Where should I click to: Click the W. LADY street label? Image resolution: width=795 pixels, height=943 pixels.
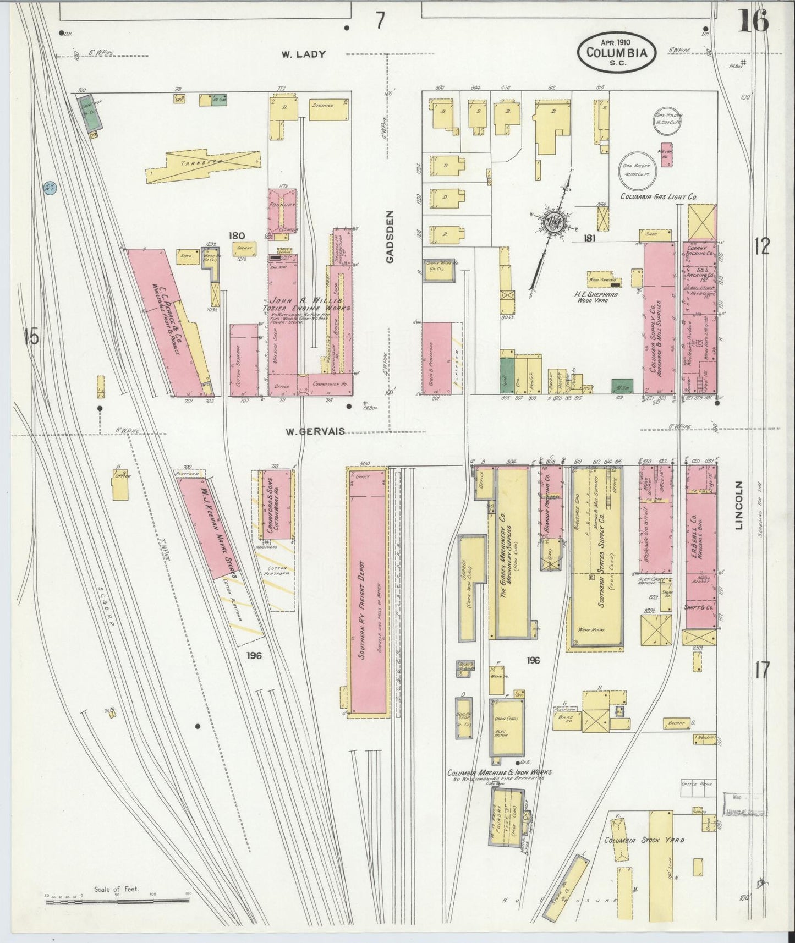pyautogui.click(x=304, y=54)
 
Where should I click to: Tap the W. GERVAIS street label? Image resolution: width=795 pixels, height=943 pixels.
pyautogui.click(x=315, y=431)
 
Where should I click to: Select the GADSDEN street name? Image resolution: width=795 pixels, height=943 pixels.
pyautogui.click(x=391, y=237)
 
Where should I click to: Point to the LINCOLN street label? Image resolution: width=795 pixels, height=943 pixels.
pyautogui.click(x=738, y=506)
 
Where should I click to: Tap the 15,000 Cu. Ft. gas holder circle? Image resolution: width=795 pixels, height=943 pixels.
pyautogui.click(x=668, y=120)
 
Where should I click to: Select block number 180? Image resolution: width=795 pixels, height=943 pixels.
pyautogui.click(x=237, y=236)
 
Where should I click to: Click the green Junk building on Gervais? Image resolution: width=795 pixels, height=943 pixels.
pyautogui.click(x=507, y=376)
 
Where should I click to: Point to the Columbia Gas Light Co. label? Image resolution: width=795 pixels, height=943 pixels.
pyautogui.click(x=659, y=196)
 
